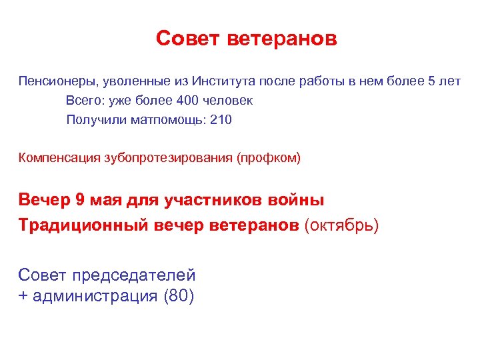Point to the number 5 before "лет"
[x=431, y=82]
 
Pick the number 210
[x=221, y=120]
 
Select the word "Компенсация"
[x=60, y=158]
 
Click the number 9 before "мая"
[x=79, y=199]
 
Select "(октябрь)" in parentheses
[x=341, y=225]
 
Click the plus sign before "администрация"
[x=23, y=296]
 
